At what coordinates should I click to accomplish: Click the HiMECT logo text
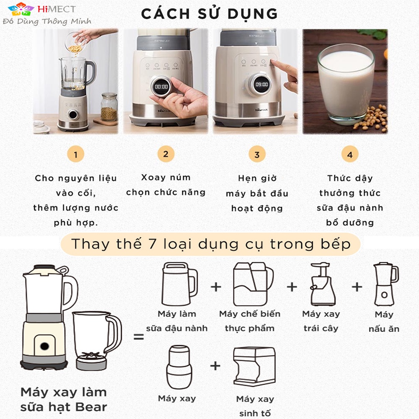click(57, 9)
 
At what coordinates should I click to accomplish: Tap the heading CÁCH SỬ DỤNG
click(209, 14)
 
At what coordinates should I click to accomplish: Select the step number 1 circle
click(75, 154)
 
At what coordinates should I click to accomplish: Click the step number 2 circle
click(166, 154)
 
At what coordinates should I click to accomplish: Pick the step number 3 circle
click(257, 154)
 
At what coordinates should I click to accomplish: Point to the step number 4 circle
click(350, 154)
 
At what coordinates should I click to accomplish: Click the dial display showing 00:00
click(161, 87)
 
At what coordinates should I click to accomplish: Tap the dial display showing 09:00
click(261, 85)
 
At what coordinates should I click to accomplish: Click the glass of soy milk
click(346, 83)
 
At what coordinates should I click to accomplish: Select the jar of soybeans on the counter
click(109, 106)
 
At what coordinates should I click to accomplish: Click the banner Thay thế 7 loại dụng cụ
click(211, 244)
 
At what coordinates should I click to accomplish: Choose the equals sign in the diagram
click(139, 336)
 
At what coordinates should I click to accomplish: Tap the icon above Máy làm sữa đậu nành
click(180, 284)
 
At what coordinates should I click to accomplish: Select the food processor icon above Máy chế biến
click(253, 284)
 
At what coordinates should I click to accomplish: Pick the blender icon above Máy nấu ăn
click(386, 284)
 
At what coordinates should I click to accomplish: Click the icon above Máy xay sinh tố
click(254, 367)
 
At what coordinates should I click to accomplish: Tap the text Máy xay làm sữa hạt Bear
click(64, 400)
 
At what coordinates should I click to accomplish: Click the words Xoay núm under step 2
click(166, 177)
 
